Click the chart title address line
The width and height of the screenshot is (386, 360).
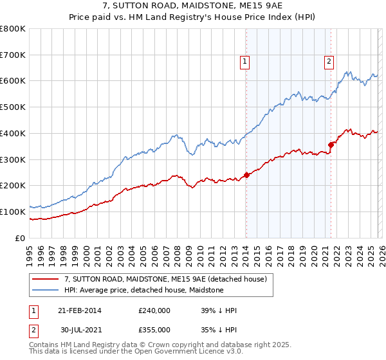pos(193,6)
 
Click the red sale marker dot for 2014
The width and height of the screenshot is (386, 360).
pos(246,175)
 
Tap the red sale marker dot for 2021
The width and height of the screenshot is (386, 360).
pos(331,145)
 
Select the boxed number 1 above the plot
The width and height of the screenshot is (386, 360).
pos(246,62)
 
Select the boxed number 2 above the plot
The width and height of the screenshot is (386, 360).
pos(329,62)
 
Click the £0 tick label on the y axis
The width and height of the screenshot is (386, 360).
pos(21,238)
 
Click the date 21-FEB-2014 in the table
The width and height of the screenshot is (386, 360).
pos(80,311)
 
